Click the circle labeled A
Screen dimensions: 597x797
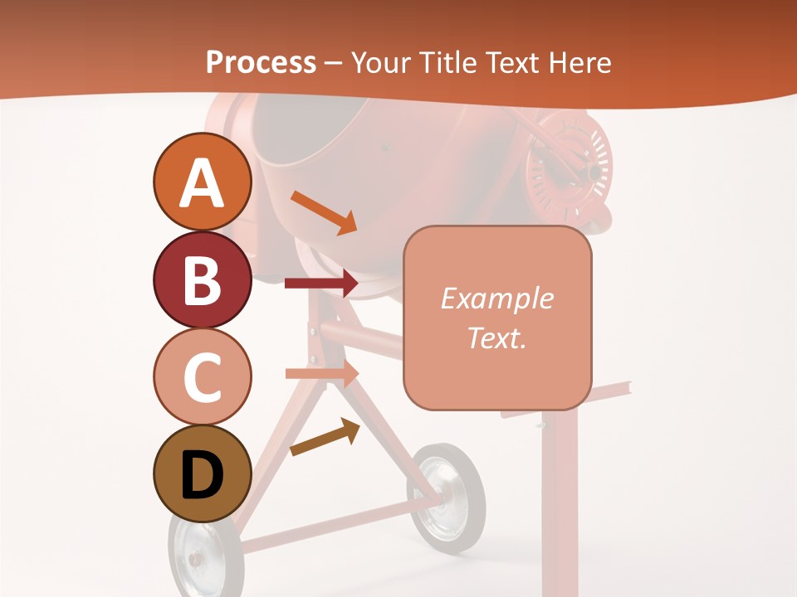pos(202,182)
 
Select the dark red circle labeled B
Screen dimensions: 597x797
pos(202,279)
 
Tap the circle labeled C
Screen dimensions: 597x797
pos(202,376)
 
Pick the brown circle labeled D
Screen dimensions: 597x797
pos(202,473)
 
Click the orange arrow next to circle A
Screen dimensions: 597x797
pos(323,212)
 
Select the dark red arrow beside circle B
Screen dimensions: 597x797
pos(320,284)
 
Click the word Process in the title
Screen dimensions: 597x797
pos(261,62)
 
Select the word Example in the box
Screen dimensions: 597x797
pos(496,298)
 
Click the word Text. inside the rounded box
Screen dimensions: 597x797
pos(496,337)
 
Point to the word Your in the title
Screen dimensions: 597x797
pos(379,62)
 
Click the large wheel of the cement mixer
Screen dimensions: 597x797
pos(448,497)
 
